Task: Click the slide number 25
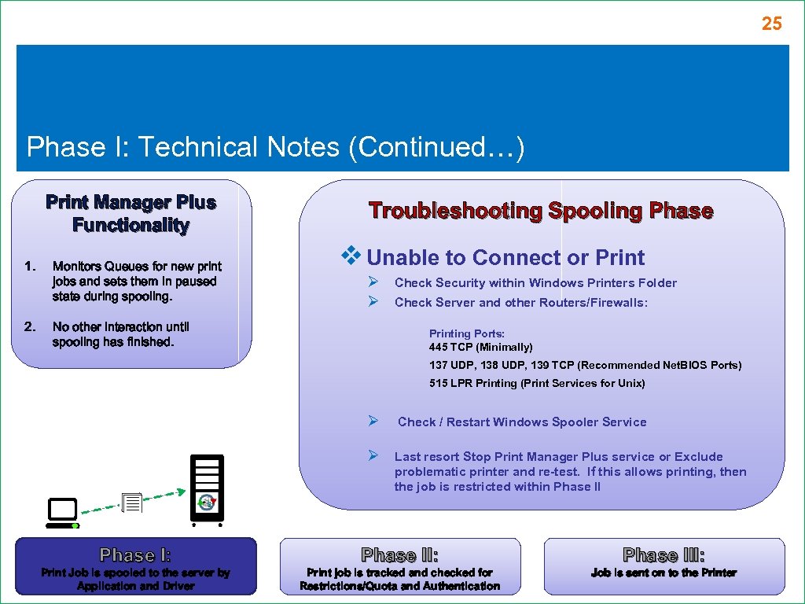pyautogui.click(x=771, y=24)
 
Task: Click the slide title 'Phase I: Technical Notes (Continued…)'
pyautogui.click(x=275, y=147)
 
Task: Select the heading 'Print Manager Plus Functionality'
pyautogui.click(x=130, y=214)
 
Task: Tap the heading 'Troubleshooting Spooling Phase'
pyautogui.click(x=541, y=211)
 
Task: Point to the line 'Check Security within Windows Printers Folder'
pyautogui.click(x=535, y=283)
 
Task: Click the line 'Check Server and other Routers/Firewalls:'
pyautogui.click(x=520, y=303)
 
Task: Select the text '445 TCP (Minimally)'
pyautogui.click(x=480, y=347)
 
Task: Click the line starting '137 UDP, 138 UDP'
pyautogui.click(x=585, y=365)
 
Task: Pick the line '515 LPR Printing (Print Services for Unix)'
pyautogui.click(x=537, y=384)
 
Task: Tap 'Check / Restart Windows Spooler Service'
pyautogui.click(x=522, y=422)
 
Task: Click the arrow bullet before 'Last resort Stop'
pyautogui.click(x=375, y=456)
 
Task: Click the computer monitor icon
pyautogui.click(x=62, y=513)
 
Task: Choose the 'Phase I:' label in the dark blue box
pyautogui.click(x=135, y=555)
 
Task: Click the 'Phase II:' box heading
pyautogui.click(x=399, y=555)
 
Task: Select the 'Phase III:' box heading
pyautogui.click(x=663, y=555)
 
